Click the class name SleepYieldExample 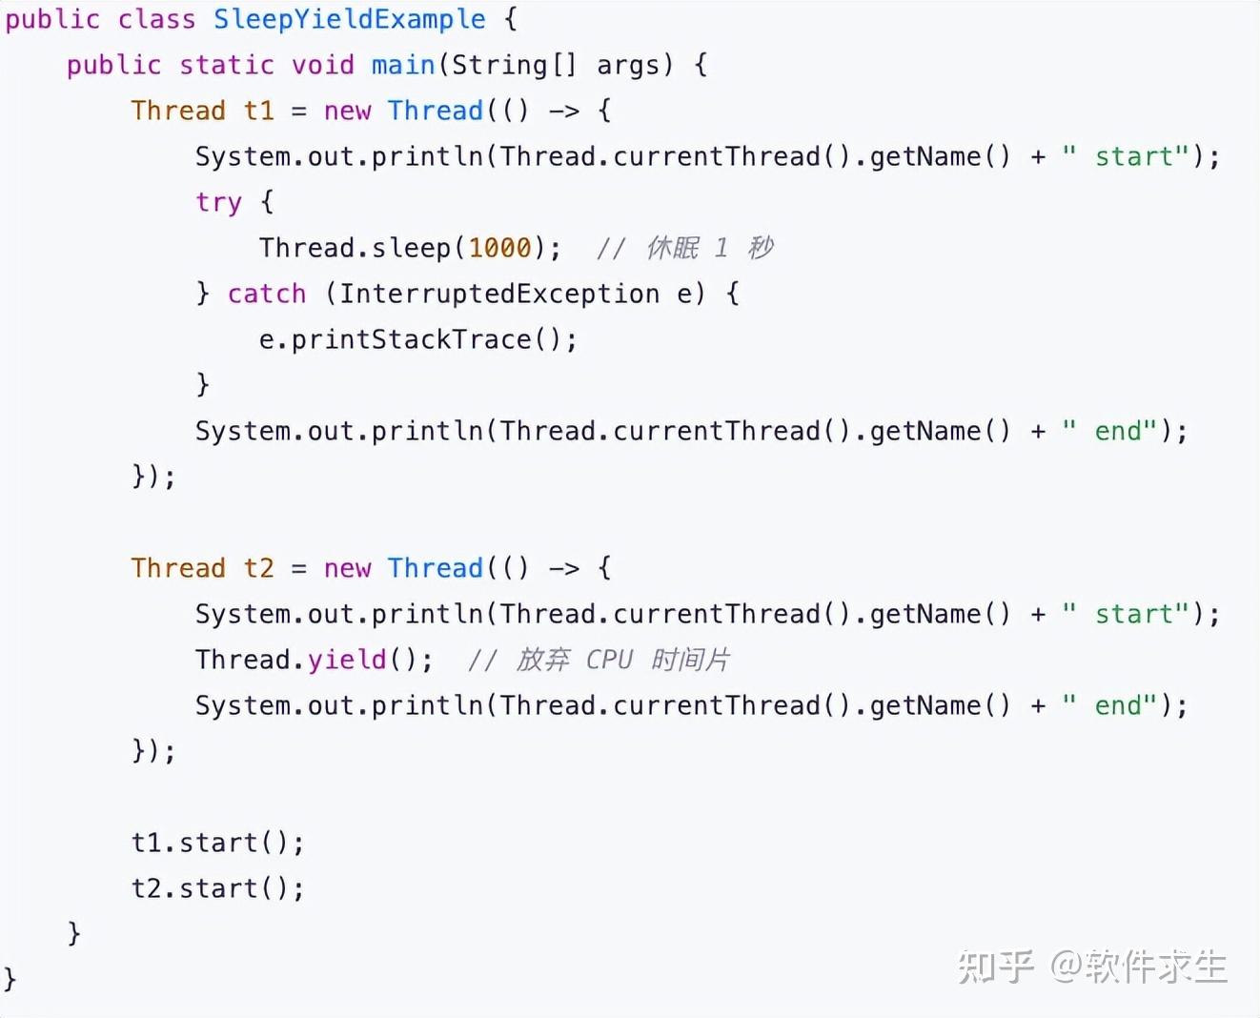[349, 19]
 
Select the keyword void [322, 65]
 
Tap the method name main [403, 65]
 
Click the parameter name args [628, 65]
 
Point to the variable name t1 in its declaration [258, 111]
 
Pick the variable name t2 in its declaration [258, 568]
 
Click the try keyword [218, 202]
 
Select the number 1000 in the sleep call [499, 248]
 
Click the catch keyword [267, 294]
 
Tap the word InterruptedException [499, 294]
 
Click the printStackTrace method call [410, 339]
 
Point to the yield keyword [347, 660]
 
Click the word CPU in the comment [609, 660]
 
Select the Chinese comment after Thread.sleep [709, 248]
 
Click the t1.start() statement [217, 843]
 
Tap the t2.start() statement [217, 888]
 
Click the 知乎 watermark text [995, 967]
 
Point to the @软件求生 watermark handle [1139, 967]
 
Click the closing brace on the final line [10, 979]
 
